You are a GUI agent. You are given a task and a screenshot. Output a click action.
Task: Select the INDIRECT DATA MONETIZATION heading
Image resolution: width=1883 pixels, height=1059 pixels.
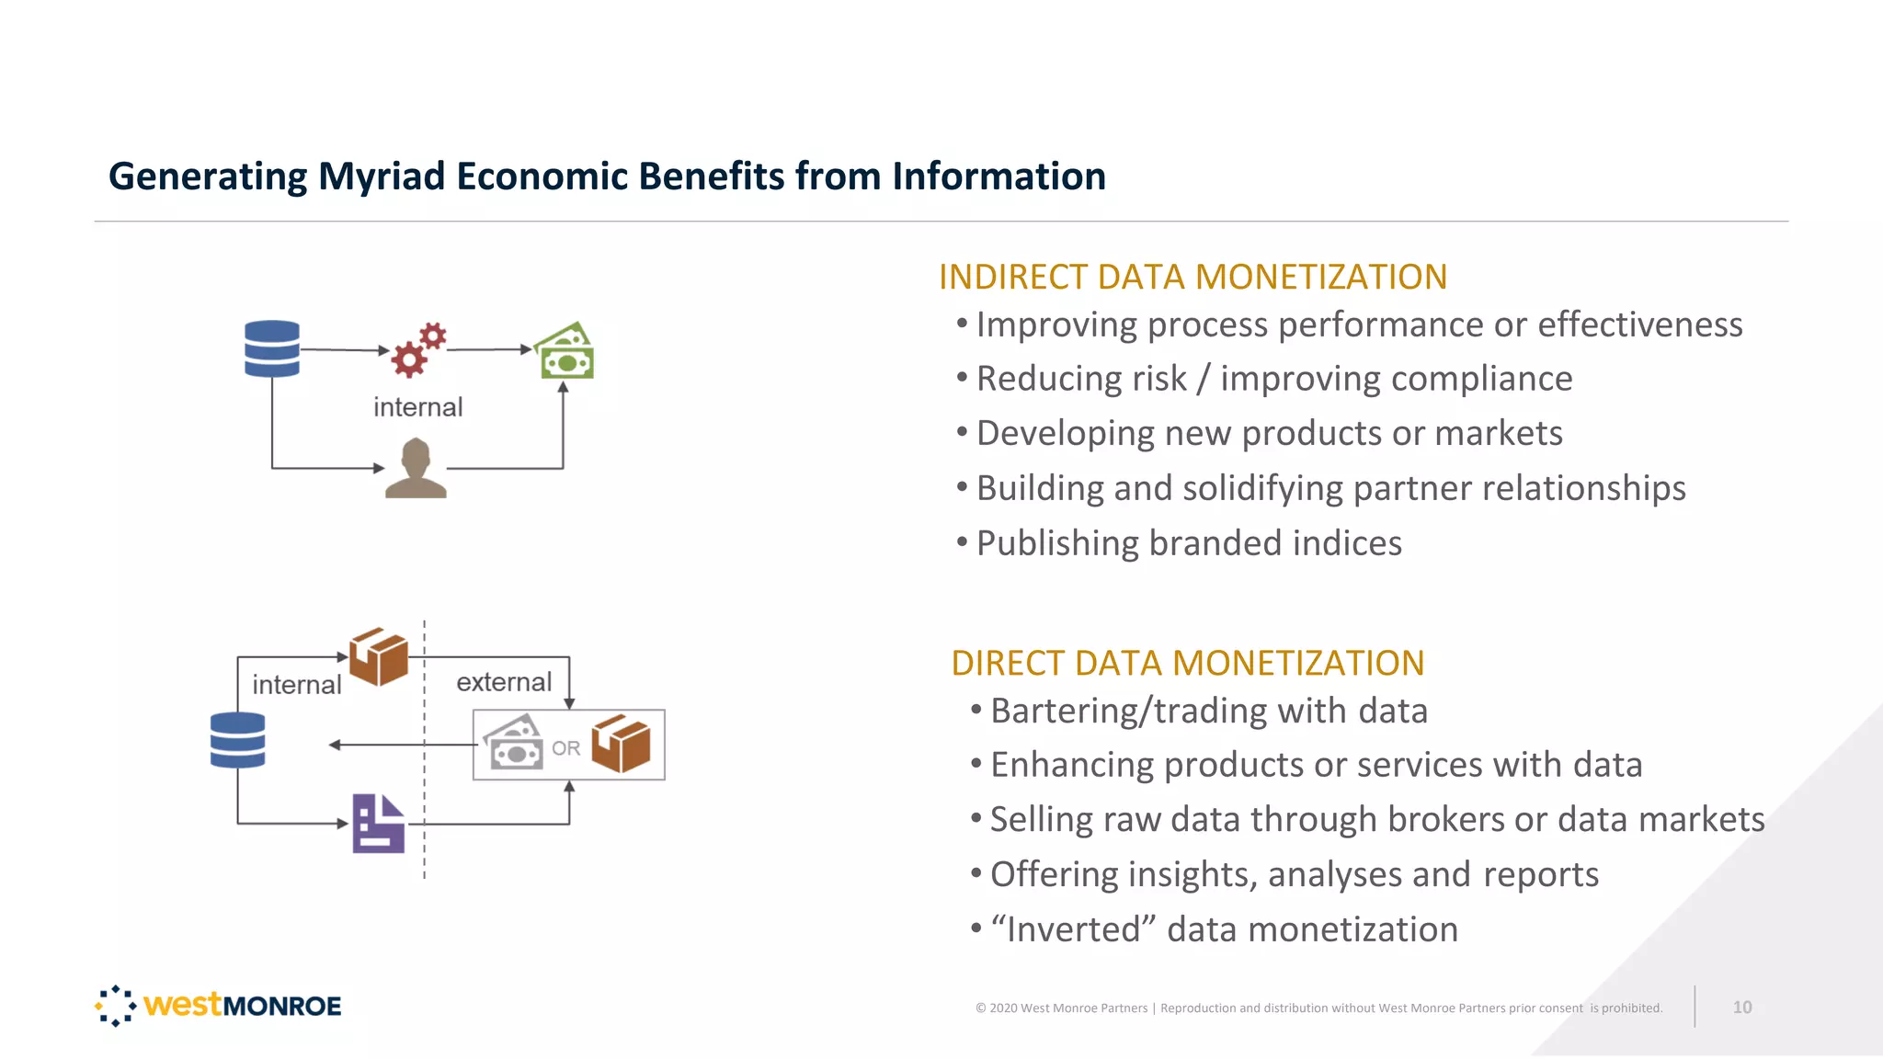coord(1193,277)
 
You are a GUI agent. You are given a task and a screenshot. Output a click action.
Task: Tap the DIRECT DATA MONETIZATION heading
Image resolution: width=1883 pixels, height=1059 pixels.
coord(1187,663)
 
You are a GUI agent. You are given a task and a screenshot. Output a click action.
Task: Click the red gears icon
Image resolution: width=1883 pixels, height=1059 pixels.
coord(417,350)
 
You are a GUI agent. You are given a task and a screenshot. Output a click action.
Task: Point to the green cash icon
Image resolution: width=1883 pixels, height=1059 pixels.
coord(565,351)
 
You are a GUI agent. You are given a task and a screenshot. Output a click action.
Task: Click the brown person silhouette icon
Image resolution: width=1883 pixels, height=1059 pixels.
coord(416,468)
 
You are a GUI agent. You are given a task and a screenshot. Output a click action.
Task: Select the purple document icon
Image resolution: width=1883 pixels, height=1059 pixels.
coord(378,823)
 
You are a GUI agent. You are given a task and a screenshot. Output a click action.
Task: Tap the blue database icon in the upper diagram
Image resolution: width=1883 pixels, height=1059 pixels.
coord(272,348)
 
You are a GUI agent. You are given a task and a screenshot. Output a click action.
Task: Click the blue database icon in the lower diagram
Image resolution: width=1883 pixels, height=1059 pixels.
coord(237,740)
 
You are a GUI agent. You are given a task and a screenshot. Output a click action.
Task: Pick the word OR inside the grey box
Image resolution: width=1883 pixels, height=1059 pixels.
coord(565,748)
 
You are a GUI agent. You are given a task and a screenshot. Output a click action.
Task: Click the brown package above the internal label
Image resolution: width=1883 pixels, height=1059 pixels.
coord(378,656)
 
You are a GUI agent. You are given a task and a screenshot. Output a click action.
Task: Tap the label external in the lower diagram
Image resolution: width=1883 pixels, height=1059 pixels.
coord(504,682)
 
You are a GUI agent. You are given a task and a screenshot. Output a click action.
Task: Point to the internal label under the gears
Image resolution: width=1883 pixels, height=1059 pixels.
coord(417,407)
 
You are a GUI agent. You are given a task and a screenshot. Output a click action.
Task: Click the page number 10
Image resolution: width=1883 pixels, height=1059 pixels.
coord(1741,1007)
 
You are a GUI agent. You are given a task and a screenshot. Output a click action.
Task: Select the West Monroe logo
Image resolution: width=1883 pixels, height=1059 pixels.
coord(219,1005)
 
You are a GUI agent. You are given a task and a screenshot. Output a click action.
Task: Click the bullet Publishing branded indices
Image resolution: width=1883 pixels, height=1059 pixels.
coord(1188,543)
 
